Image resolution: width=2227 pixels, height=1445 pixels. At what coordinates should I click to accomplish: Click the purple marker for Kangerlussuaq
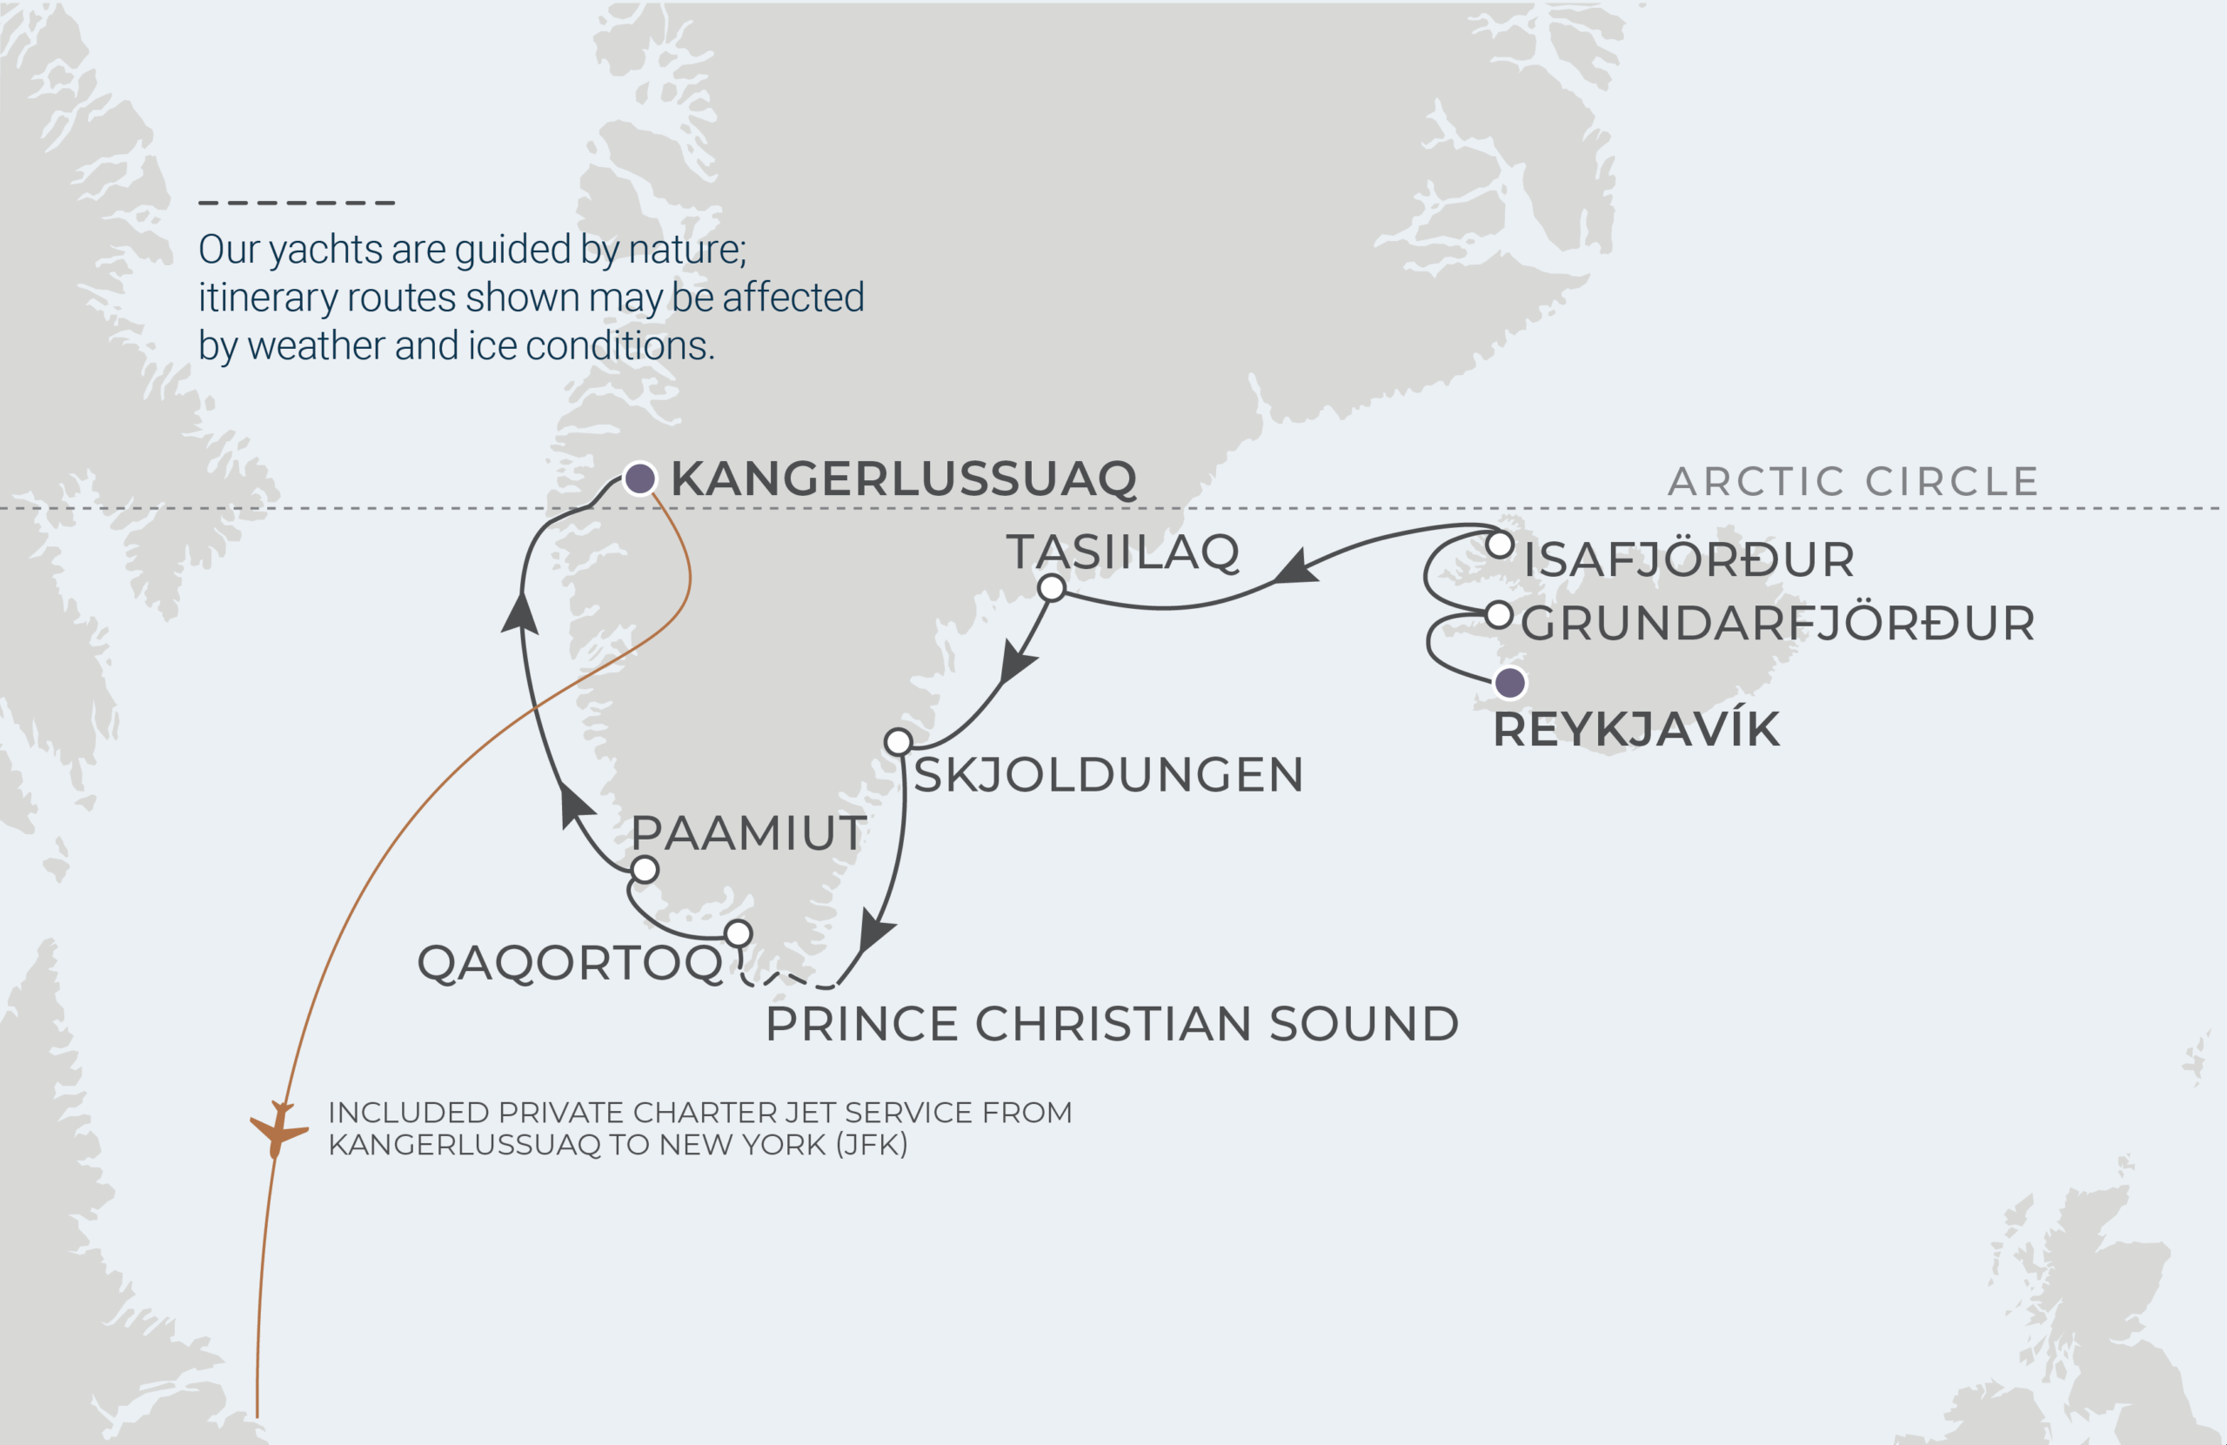(x=640, y=479)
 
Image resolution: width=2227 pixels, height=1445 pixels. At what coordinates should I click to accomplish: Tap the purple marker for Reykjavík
(x=1509, y=683)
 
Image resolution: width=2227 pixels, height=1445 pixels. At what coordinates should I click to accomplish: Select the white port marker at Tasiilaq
(x=1052, y=588)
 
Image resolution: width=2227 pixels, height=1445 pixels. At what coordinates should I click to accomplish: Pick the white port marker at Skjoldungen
(x=899, y=742)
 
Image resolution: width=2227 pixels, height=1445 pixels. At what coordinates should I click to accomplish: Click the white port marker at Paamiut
(x=645, y=869)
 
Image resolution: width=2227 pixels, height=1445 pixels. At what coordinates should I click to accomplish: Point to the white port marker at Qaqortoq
(x=739, y=933)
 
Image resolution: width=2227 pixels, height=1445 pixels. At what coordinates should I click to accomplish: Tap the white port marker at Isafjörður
(x=1500, y=545)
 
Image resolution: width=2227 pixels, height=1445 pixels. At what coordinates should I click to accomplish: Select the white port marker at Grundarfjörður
(x=1499, y=615)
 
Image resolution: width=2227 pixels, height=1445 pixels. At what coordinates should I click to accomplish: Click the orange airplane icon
(x=278, y=1128)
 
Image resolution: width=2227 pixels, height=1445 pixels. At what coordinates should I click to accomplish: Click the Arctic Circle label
(x=1853, y=482)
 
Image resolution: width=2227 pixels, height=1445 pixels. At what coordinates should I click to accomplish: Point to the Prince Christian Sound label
(x=1112, y=1024)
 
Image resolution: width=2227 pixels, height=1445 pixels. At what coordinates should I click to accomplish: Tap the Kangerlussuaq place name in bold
(x=903, y=479)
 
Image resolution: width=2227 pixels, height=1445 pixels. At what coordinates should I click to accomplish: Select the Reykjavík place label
(x=1635, y=730)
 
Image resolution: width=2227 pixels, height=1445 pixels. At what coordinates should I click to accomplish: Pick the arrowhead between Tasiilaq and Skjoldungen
(x=1016, y=662)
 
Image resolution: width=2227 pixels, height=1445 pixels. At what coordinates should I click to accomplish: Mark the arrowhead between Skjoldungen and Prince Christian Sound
(x=876, y=932)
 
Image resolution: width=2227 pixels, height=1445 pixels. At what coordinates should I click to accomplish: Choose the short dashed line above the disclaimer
(x=297, y=202)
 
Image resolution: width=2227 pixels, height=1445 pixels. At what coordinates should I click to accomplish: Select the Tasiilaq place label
(x=1123, y=552)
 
